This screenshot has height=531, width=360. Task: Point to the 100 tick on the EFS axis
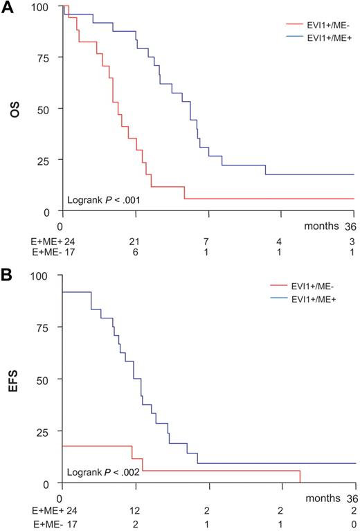[x=44, y=276]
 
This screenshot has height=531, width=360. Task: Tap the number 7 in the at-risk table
[x=206, y=240]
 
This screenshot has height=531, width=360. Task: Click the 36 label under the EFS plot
[x=352, y=497]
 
